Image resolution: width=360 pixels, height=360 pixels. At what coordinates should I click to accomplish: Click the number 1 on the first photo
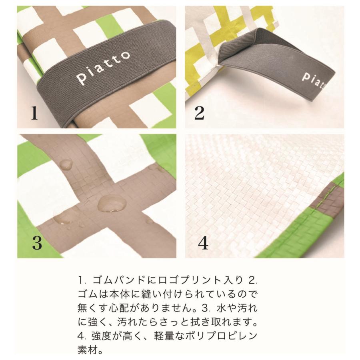pyautogui.click(x=34, y=113)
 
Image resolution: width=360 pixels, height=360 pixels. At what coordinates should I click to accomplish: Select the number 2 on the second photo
pyautogui.click(x=199, y=113)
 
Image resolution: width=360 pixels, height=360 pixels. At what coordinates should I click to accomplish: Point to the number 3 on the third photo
pyautogui.click(x=37, y=243)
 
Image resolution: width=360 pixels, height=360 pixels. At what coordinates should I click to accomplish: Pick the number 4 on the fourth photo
pyautogui.click(x=203, y=243)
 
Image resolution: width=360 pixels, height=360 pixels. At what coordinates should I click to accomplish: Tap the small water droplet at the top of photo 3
pyautogui.click(x=66, y=164)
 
